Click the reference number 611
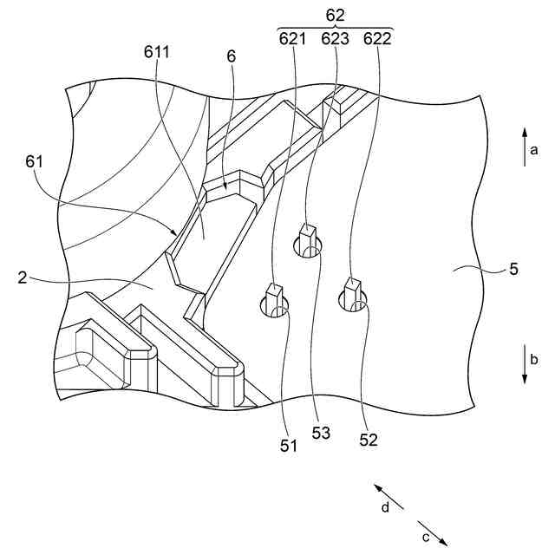coord(157,52)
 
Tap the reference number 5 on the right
coord(513,269)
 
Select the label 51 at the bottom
coord(288,446)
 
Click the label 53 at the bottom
coord(321,434)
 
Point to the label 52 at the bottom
coord(369,440)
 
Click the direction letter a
coord(535,150)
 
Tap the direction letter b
coord(535,358)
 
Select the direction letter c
coord(426,537)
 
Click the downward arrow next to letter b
coord(524,364)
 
